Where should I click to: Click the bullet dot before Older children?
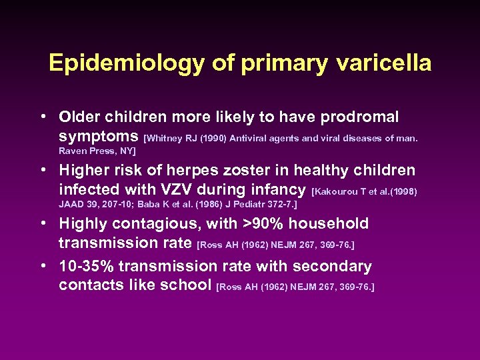(x=43, y=117)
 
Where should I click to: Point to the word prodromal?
(x=359, y=117)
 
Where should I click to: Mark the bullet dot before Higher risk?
(x=43, y=171)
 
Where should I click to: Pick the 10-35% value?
(x=87, y=266)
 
